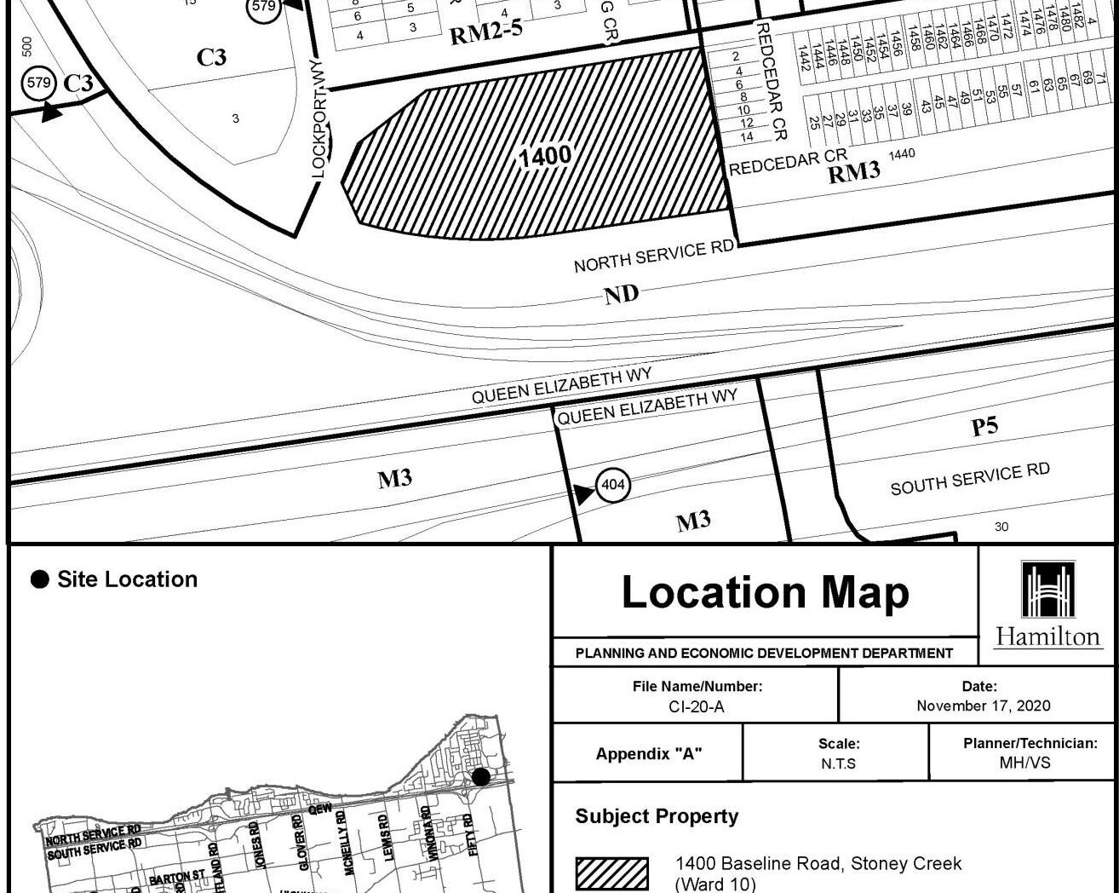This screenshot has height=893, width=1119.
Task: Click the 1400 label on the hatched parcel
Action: click(x=545, y=157)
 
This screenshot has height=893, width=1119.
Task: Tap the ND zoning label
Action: click(x=621, y=295)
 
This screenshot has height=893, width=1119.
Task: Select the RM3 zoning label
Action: click(x=853, y=172)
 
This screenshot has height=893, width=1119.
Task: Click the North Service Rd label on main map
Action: click(x=653, y=256)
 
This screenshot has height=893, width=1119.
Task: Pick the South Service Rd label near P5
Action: click(x=969, y=479)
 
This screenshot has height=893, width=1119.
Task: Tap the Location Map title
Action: click(x=765, y=592)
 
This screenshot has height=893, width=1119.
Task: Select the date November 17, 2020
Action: click(x=983, y=706)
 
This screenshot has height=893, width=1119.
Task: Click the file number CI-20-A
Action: click(x=697, y=706)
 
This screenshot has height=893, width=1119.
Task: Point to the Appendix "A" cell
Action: click(x=648, y=753)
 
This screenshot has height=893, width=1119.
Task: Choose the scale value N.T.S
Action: click(x=838, y=763)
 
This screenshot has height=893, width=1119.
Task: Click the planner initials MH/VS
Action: click(x=1024, y=763)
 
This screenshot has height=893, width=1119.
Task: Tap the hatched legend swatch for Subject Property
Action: click(x=611, y=873)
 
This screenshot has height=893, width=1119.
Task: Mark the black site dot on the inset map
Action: click(x=481, y=776)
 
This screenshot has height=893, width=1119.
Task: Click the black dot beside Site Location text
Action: click(x=39, y=580)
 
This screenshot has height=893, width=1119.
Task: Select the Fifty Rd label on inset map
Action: click(x=468, y=835)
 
